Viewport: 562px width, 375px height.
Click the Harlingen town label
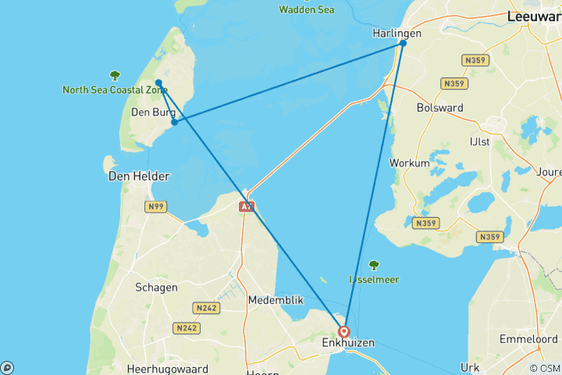[x=397, y=34]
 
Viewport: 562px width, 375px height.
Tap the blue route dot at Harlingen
[x=403, y=43]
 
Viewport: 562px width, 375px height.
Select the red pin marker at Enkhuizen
[x=343, y=331]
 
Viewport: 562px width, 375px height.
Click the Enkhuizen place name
[x=348, y=343]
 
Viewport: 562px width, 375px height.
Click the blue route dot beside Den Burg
[x=175, y=122]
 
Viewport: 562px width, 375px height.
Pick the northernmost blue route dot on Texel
[x=158, y=82]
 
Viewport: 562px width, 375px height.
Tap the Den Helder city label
[x=139, y=177]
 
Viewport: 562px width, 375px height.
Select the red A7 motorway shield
[x=246, y=207]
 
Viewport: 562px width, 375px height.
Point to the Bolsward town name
[x=440, y=108]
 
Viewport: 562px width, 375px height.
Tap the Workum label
[x=409, y=163]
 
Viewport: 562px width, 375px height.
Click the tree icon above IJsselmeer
[x=374, y=265]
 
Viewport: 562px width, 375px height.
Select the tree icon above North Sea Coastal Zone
[x=116, y=76]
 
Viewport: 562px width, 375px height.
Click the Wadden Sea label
[x=307, y=9]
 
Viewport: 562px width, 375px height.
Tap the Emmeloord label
[x=528, y=339]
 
